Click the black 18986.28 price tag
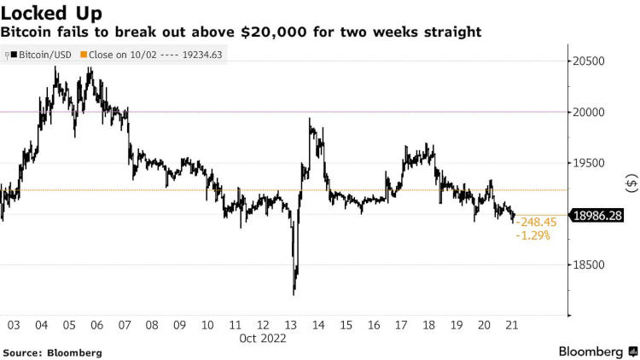(x=600, y=217)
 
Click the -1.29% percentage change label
(x=533, y=235)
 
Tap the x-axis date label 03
(x=14, y=325)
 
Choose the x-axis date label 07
(x=125, y=325)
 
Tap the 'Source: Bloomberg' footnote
(x=52, y=352)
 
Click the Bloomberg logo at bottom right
(x=596, y=351)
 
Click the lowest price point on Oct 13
(x=294, y=294)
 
